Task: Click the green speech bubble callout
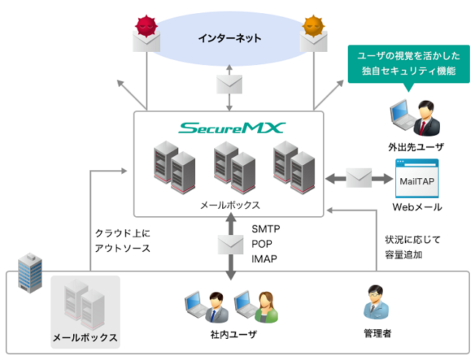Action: [x=407, y=64]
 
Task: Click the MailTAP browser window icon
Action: [x=417, y=177]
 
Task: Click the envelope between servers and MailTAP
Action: [x=359, y=177]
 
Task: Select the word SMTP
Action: [x=265, y=229]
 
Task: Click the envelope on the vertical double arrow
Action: [x=229, y=243]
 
